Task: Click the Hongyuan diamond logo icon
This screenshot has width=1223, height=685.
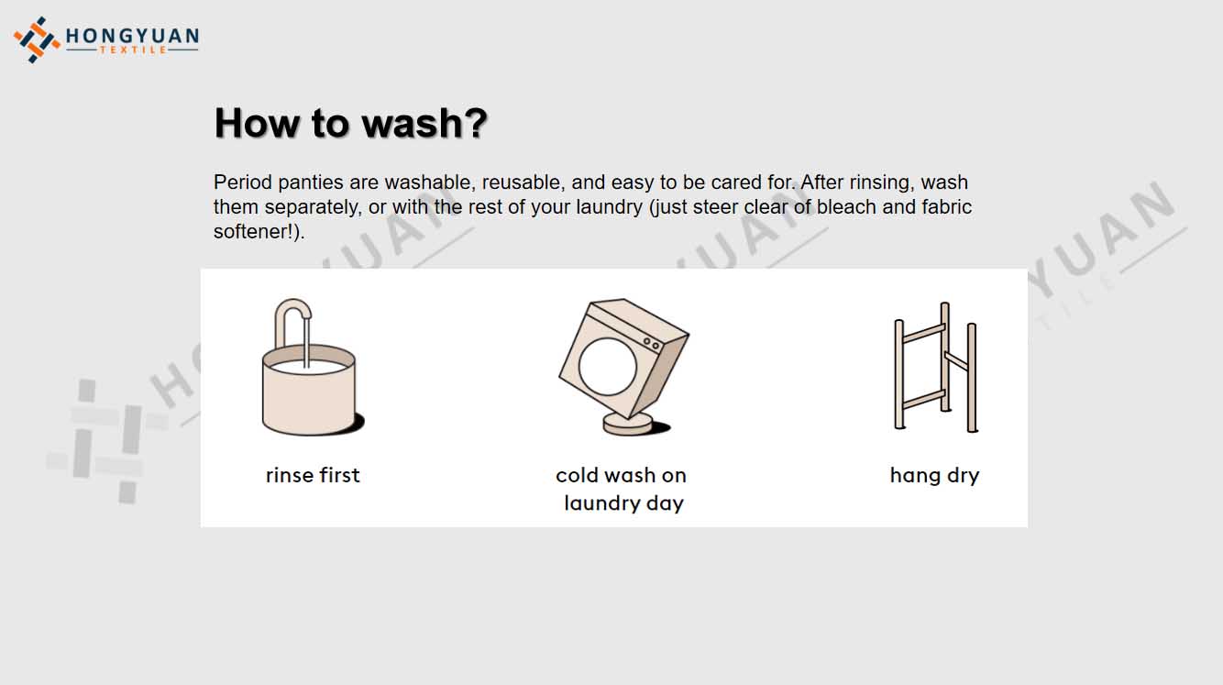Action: pyautogui.click(x=37, y=39)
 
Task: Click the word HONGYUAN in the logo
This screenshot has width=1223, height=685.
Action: pyautogui.click(x=132, y=36)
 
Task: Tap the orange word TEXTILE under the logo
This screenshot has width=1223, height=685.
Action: pyautogui.click(x=133, y=50)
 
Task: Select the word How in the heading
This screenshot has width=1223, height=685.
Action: pyautogui.click(x=257, y=123)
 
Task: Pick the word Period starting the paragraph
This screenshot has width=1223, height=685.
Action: pyautogui.click(x=242, y=182)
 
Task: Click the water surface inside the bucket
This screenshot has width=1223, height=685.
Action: pyautogui.click(x=310, y=367)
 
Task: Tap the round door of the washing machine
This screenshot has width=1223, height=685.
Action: pyautogui.click(x=607, y=366)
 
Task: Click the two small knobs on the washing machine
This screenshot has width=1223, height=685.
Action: pyautogui.click(x=651, y=344)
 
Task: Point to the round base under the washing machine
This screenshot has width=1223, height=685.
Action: pyautogui.click(x=628, y=425)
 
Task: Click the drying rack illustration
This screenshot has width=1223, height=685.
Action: pyautogui.click(x=935, y=367)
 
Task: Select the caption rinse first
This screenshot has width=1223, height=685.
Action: pyautogui.click(x=313, y=475)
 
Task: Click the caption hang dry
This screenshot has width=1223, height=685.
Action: pyautogui.click(x=935, y=476)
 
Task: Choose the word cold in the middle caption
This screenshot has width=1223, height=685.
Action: pyautogui.click(x=578, y=475)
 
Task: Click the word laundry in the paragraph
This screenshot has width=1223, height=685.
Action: pyautogui.click(x=610, y=207)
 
